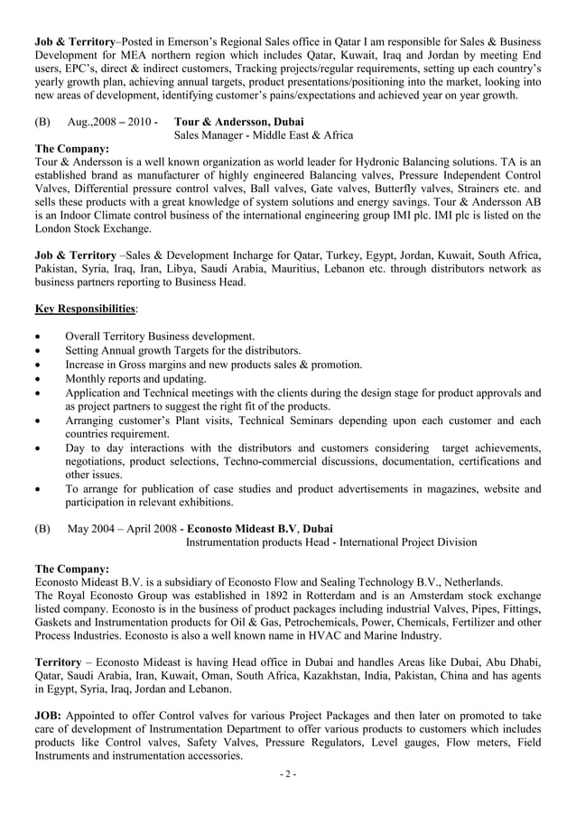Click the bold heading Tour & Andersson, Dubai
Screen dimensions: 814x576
(x=238, y=122)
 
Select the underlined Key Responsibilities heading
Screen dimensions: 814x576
(x=85, y=310)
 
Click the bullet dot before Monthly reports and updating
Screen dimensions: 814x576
(x=38, y=379)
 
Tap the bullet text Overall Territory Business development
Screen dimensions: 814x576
(x=160, y=337)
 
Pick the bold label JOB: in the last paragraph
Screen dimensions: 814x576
(x=49, y=716)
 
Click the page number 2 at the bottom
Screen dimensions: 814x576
(x=288, y=774)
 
